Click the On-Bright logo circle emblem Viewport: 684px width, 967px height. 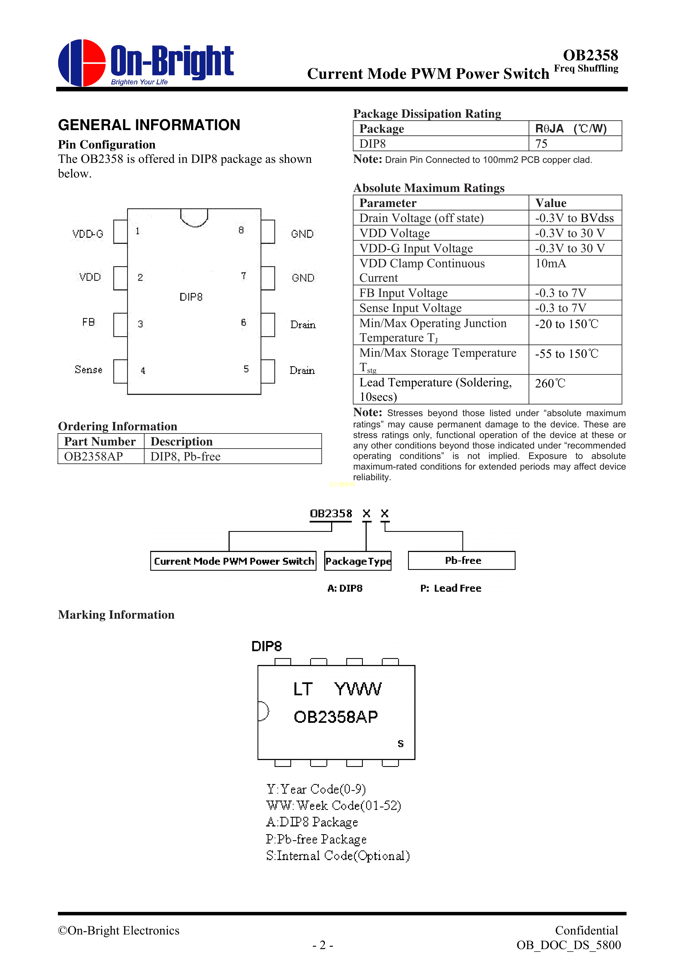pos(82,63)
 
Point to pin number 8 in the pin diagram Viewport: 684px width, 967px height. pos(241,230)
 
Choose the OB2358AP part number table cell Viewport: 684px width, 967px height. pos(93,457)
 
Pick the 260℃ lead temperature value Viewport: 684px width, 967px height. pos(550,383)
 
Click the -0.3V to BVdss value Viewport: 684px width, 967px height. pos(575,218)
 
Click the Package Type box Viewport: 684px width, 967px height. pos(358,561)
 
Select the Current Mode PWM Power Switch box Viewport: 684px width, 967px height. pos(234,561)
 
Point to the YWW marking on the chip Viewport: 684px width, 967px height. pos(358,689)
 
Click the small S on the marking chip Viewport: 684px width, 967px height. pos(400,744)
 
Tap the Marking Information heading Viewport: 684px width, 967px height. pos(116,615)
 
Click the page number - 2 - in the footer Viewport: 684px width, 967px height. pos(323,945)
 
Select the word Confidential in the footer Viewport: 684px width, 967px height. pos(586,930)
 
